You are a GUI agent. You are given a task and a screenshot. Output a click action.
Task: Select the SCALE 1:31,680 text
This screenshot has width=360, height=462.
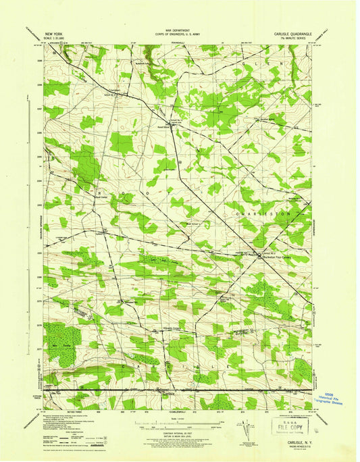click(57, 36)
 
